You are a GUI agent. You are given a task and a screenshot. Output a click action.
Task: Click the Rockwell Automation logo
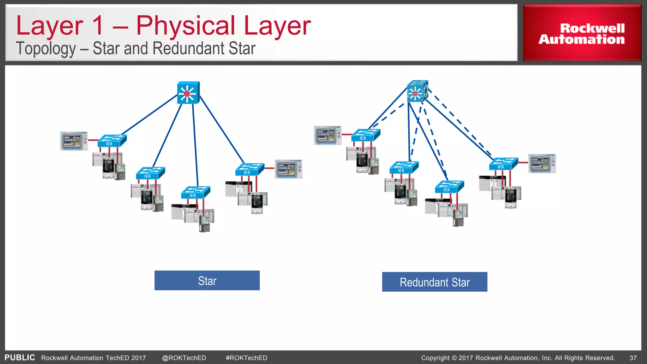582,33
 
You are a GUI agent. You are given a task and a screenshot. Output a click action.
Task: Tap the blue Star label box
207,281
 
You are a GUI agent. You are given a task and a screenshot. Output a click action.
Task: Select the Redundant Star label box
434,282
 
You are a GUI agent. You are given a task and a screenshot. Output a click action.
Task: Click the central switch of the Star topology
188,93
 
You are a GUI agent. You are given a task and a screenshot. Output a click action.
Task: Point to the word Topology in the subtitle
46,49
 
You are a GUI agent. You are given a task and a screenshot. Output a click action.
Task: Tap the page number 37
633,358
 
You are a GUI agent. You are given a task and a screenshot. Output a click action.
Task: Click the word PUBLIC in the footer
20,358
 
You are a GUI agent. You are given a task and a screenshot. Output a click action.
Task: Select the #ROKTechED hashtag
246,358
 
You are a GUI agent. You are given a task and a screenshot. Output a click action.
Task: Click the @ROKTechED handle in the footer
184,358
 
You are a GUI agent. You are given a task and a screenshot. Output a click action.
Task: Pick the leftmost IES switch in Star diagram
112,141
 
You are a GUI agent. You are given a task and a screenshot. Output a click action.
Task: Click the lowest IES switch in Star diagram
195,192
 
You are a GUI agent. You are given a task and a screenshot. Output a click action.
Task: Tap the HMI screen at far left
74,141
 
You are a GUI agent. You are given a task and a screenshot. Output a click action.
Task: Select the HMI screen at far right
542,163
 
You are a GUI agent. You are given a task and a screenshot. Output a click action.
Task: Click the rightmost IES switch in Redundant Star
503,164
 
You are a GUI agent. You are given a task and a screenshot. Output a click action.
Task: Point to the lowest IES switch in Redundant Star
449,187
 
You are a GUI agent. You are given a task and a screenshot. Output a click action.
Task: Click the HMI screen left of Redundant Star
327,135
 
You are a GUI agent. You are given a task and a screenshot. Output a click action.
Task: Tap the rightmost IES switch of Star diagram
250,169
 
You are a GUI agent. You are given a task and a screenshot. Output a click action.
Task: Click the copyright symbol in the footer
454,358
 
